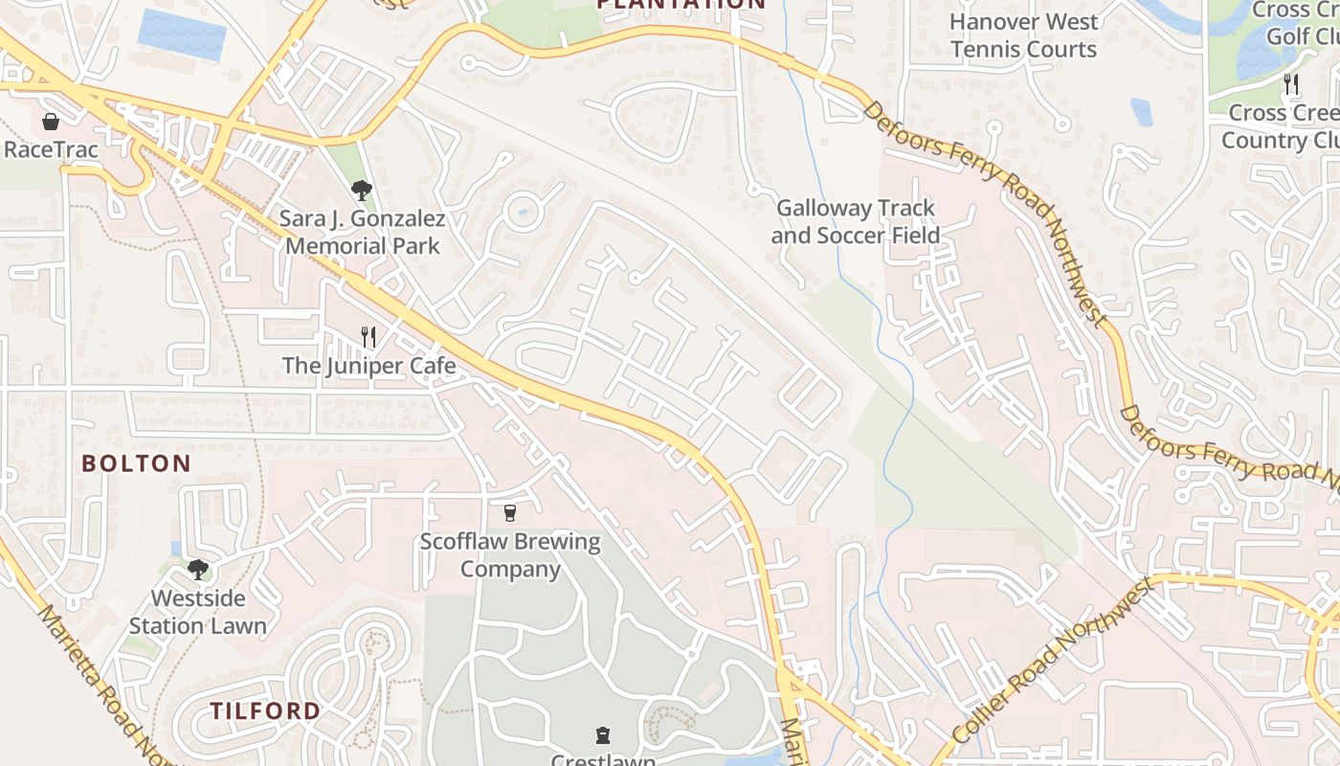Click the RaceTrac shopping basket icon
point(51,122)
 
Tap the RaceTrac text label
point(51,150)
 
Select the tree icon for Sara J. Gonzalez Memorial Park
point(361,190)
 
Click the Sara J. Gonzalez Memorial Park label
point(363,233)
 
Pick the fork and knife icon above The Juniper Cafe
point(368,336)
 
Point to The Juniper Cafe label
point(368,366)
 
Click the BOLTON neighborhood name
point(136,464)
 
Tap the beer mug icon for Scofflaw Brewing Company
point(510,513)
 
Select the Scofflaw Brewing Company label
point(510,555)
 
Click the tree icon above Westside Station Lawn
point(198,570)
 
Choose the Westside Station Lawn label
point(198,613)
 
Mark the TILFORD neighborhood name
point(265,711)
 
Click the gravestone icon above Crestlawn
point(602,735)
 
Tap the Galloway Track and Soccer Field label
point(856,222)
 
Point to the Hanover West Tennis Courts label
point(1023,35)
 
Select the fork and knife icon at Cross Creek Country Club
point(1291,83)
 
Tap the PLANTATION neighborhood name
point(681,4)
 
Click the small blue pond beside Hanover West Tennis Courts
point(1141,112)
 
